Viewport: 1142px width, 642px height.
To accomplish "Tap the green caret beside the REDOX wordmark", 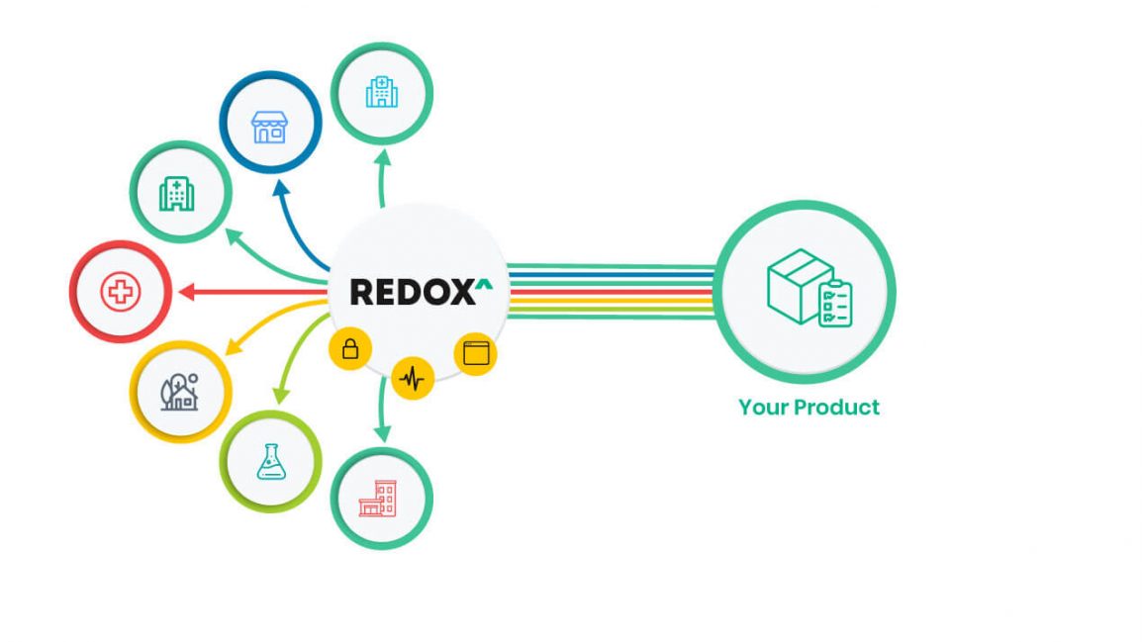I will tap(483, 286).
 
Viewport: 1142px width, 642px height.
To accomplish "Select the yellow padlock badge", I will tap(350, 349).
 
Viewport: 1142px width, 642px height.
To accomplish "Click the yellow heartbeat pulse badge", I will tap(413, 377).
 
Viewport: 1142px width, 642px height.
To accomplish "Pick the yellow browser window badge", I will tap(476, 353).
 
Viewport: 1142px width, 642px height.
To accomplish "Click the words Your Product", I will tap(809, 407).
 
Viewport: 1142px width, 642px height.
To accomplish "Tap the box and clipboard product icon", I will tap(809, 288).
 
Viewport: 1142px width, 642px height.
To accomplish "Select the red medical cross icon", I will tap(121, 292).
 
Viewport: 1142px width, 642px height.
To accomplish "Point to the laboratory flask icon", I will tap(270, 461).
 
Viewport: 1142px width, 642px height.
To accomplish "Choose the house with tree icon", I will tap(180, 392).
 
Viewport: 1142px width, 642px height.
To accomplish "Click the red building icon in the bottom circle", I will tap(378, 500).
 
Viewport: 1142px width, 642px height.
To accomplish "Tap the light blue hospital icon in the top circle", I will tap(381, 92).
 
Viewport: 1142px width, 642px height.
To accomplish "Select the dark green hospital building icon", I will tap(178, 193).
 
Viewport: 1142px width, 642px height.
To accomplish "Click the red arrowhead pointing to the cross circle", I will tap(185, 292).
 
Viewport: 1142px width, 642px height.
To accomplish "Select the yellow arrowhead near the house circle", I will tap(235, 347).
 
